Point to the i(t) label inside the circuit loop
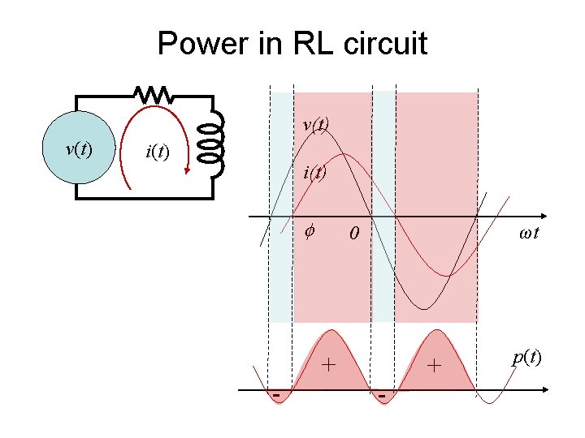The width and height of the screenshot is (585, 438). coord(156,151)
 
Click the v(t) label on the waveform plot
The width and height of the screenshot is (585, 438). coord(315,125)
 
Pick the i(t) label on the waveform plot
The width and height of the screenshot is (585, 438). coord(314,172)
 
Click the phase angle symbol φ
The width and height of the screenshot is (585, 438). coord(309,232)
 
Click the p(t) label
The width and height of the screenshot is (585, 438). coord(526,357)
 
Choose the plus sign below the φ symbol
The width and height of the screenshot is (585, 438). coord(328,364)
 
